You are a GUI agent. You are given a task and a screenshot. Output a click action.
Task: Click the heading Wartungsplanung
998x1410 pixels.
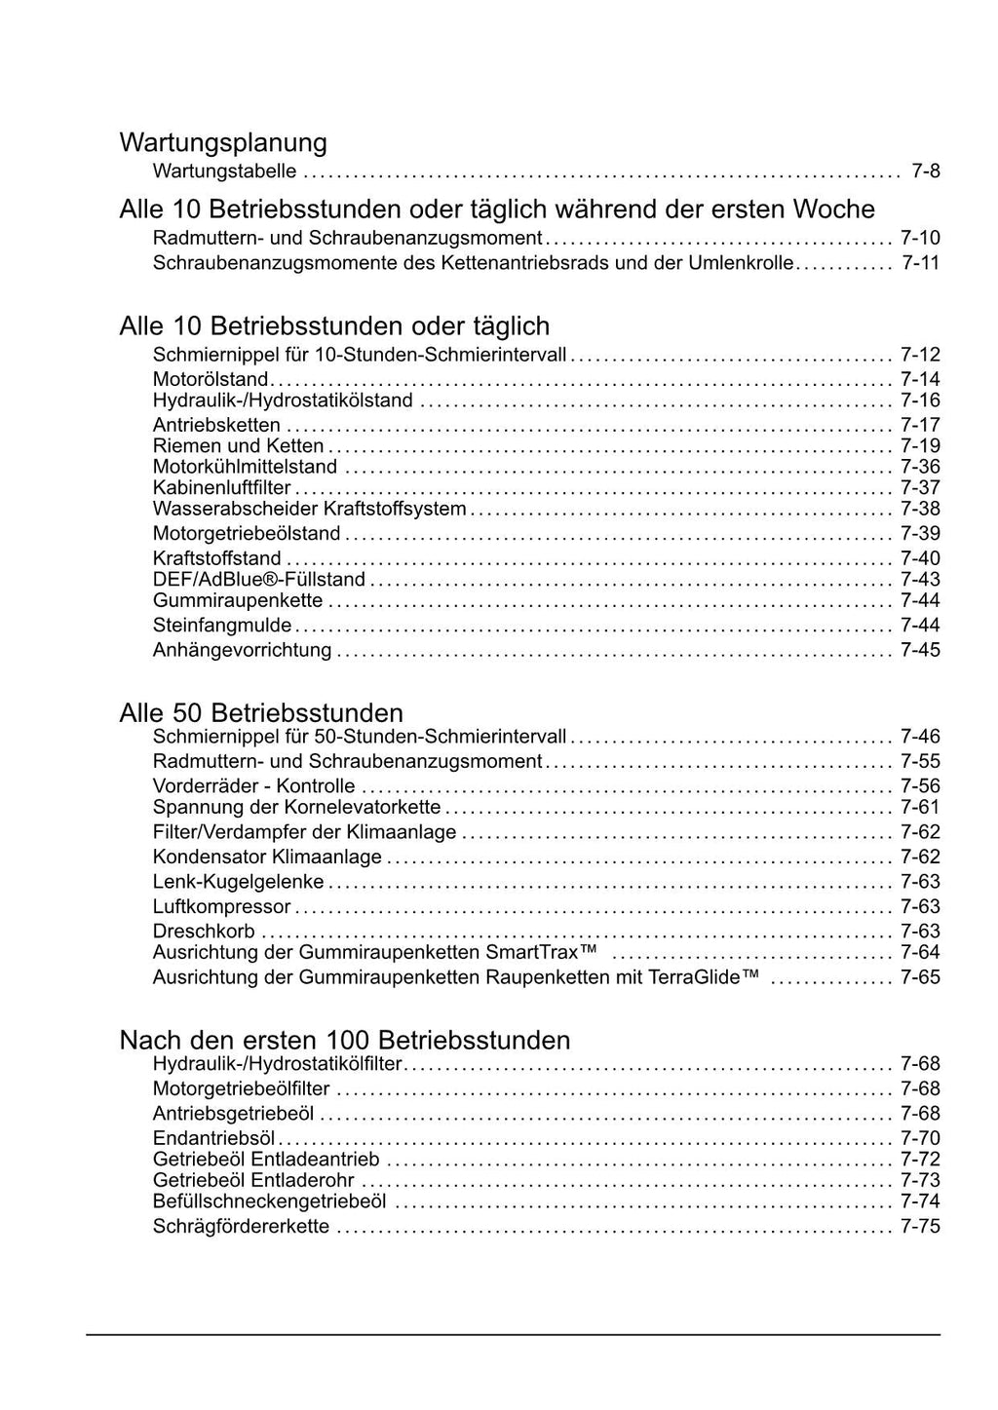click(222, 142)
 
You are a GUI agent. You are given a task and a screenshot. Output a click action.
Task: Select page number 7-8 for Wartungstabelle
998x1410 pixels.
click(925, 171)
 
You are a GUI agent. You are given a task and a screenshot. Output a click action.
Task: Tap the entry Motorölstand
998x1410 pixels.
click(210, 379)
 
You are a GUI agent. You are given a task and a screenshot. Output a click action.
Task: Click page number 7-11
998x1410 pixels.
click(920, 263)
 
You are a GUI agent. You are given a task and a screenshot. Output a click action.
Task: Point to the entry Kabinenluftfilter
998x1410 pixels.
click(221, 488)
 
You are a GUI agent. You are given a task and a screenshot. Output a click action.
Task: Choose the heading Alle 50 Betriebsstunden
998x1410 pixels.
click(260, 712)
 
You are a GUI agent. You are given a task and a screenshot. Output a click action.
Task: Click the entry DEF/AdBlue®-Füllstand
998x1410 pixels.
click(258, 580)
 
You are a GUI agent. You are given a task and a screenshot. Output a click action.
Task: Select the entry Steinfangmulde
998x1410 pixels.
click(221, 626)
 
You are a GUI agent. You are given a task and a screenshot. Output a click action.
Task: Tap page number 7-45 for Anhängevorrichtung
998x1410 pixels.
click(920, 650)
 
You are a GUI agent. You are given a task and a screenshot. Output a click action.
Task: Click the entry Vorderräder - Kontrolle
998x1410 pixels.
click(253, 786)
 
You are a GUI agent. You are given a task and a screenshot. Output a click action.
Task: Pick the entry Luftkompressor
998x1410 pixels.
click(221, 907)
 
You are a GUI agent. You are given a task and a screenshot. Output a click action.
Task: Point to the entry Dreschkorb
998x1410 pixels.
click(203, 932)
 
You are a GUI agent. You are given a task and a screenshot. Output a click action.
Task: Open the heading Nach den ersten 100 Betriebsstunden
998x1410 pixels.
click(344, 1040)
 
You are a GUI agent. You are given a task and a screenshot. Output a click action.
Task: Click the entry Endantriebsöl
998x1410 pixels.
click(213, 1138)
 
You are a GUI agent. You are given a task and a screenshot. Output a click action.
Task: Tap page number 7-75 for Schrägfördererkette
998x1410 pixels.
click(920, 1227)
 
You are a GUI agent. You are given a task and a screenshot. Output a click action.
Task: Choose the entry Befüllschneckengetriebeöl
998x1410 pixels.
click(269, 1201)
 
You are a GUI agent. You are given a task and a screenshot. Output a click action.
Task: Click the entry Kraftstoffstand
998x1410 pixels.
click(216, 558)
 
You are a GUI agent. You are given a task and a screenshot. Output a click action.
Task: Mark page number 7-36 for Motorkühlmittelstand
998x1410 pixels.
click(920, 467)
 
